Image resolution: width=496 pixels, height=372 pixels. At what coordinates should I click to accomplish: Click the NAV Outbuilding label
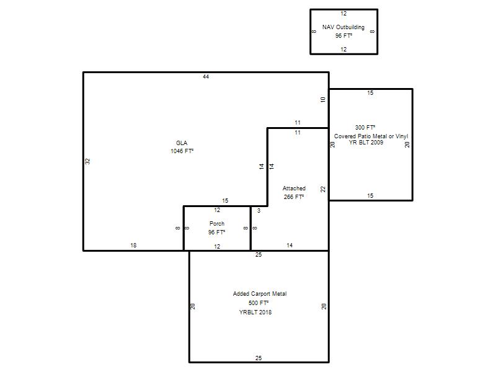tap(343, 27)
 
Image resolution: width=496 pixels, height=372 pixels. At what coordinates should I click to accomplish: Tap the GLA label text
tap(182, 143)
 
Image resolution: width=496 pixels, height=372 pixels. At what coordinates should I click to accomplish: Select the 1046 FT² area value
tap(182, 151)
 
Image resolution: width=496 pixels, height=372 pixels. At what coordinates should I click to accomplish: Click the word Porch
tap(216, 224)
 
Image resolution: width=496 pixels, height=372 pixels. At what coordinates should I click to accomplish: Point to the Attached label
tap(294, 188)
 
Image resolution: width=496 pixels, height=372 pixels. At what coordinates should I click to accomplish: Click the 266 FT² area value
tap(293, 197)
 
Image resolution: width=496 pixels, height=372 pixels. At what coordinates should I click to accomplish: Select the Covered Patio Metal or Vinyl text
tap(371, 136)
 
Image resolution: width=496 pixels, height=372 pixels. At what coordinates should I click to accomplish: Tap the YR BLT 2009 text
tap(366, 143)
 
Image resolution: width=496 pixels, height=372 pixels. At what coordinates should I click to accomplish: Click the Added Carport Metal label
tap(260, 293)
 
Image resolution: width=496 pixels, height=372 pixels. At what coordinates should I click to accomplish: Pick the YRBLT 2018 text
tap(255, 312)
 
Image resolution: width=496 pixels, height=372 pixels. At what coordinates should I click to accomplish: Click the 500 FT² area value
tap(259, 303)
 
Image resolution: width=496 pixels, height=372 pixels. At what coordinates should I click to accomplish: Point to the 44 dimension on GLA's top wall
tap(206, 76)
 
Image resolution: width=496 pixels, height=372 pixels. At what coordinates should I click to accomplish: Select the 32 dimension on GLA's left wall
tap(87, 161)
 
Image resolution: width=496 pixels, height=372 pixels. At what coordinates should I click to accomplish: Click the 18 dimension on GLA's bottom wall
tap(133, 245)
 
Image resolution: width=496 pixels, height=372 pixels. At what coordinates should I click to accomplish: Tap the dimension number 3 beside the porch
tap(259, 211)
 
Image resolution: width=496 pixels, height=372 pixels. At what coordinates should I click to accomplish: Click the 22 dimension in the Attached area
tap(322, 189)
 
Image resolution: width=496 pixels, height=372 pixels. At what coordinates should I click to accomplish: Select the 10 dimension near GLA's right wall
tap(322, 99)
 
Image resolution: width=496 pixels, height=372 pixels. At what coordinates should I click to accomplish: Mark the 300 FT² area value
tap(365, 128)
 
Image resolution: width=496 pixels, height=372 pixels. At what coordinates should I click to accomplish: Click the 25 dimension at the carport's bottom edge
tap(259, 358)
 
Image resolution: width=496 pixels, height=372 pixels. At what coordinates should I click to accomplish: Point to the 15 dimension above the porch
tap(225, 200)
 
